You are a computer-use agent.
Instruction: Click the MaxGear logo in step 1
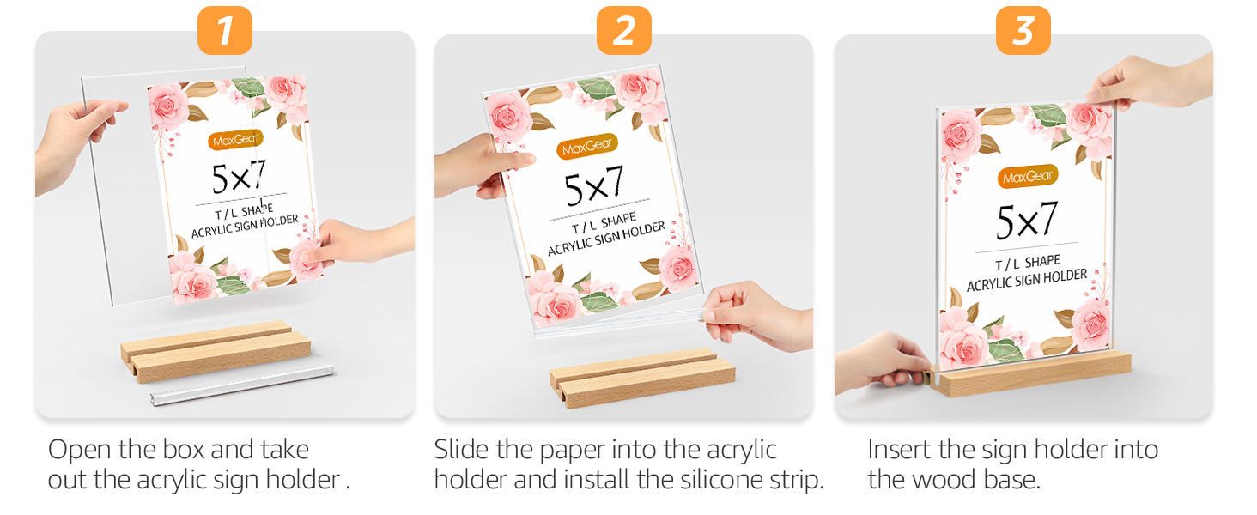[234, 138]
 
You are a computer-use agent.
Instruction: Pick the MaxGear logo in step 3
[1028, 176]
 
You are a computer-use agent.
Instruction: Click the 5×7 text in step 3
[1027, 221]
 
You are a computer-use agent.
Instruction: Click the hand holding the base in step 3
[880, 360]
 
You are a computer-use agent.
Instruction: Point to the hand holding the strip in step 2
[756, 313]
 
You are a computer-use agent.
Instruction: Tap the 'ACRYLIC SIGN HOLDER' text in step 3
[1027, 280]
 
